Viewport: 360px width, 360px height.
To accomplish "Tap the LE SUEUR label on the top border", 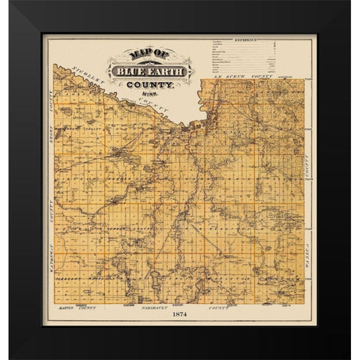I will click(226, 75).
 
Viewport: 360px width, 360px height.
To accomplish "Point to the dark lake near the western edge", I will click(66, 112).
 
